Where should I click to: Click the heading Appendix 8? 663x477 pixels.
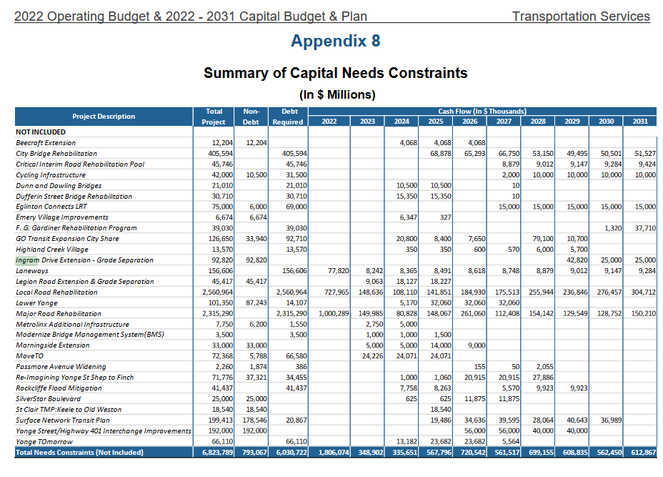335,41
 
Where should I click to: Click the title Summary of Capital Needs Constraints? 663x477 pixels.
335,73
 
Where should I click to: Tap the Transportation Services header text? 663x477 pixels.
580,16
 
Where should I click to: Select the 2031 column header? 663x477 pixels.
640,122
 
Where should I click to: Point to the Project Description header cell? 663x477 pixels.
104,117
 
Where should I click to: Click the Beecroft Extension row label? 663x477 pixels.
46,143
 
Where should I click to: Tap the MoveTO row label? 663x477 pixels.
29,356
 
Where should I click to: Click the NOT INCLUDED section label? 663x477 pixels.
41,132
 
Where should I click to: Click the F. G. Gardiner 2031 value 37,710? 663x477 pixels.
645,228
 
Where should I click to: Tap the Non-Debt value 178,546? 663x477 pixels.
252,421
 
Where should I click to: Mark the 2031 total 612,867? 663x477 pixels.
644,453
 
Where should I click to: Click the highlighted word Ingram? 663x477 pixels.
27,260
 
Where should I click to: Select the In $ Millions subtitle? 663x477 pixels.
335,94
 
